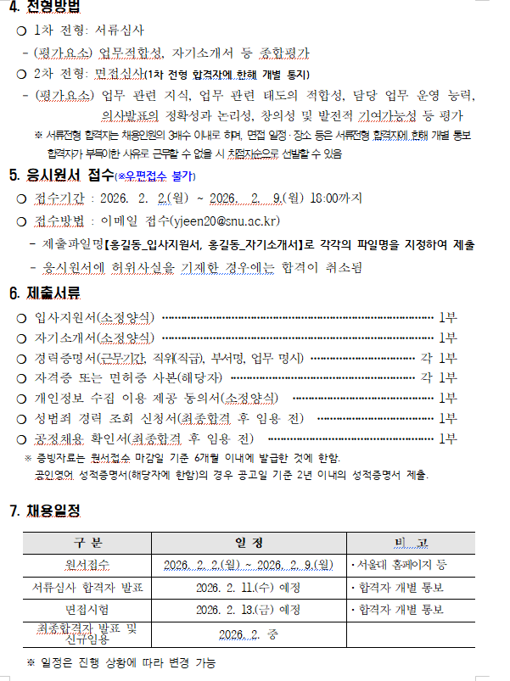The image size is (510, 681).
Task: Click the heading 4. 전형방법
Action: (44, 9)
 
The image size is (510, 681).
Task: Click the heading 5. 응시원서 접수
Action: (63, 176)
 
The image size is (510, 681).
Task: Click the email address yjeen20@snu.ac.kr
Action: (225, 222)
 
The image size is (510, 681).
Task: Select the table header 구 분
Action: (87, 543)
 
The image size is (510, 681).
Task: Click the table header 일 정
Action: (249, 543)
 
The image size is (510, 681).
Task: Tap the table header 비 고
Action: (411, 543)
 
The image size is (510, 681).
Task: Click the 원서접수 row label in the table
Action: (87, 565)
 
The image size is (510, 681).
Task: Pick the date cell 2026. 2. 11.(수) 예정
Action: (248, 587)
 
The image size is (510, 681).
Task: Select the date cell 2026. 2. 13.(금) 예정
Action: (248, 609)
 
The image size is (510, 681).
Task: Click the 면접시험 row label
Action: (87, 609)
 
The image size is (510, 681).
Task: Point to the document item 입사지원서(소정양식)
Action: (94, 318)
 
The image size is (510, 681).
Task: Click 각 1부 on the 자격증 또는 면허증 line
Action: (439, 377)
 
